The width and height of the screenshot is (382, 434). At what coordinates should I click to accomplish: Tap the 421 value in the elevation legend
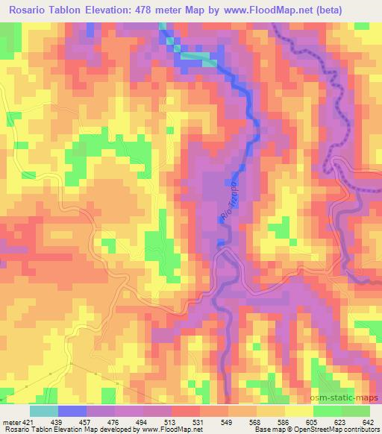(x=28, y=422)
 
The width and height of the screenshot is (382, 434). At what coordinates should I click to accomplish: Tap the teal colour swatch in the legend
(x=44, y=411)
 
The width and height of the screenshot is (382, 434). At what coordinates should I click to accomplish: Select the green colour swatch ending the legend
(x=354, y=411)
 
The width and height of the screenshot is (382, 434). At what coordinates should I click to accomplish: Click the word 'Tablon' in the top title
(x=76, y=10)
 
